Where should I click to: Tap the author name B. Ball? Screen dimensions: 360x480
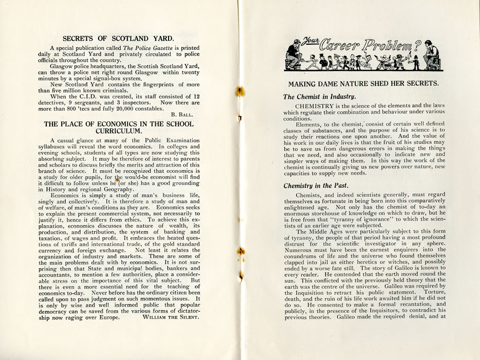coord(182,113)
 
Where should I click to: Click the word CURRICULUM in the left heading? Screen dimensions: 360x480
coord(119,131)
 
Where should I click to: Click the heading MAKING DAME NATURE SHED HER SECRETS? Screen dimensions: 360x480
coord(363,83)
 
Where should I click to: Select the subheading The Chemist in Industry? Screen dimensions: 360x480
coord(319,97)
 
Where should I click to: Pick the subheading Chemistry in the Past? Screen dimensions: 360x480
coord(316,185)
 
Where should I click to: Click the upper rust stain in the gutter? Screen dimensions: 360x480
coord(239,92)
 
